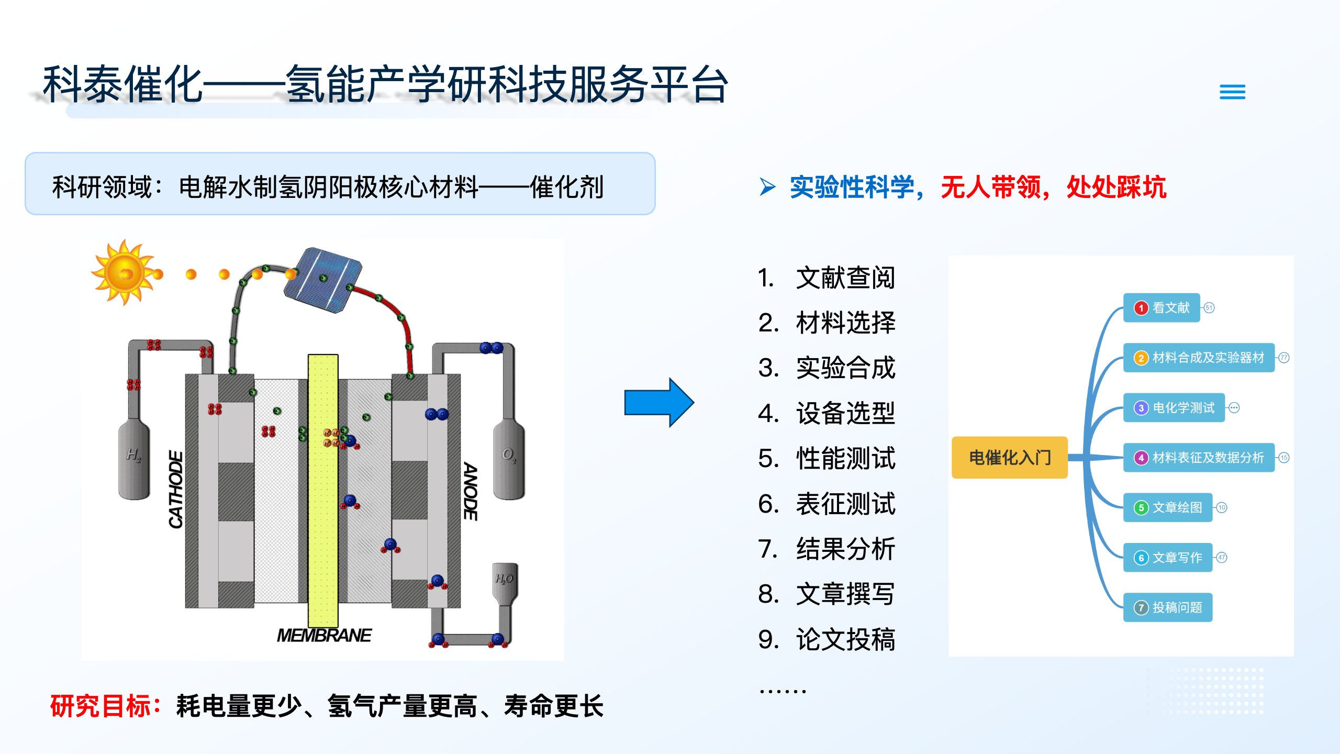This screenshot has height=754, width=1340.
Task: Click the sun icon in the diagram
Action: pos(124,273)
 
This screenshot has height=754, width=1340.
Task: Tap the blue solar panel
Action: pos(323,280)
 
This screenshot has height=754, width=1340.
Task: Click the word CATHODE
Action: pos(176,489)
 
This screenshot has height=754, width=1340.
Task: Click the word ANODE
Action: pos(470,491)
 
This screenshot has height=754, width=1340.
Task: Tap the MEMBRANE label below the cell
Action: pos(324,635)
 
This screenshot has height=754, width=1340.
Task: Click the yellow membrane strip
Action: pos(323,490)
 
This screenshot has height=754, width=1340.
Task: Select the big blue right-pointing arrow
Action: pos(659,403)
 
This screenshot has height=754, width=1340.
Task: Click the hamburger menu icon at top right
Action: pos(1232,92)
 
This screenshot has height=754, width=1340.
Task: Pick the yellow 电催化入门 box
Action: pos(1009,458)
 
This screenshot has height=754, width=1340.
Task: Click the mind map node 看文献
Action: pos(1162,308)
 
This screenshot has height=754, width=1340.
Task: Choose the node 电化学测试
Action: pos(1174,408)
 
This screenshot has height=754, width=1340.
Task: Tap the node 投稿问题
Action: pos(1168,607)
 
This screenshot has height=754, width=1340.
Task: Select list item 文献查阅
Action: pos(845,278)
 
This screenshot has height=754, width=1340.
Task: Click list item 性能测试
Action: pos(845,459)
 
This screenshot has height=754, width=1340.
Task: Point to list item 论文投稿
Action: pos(845,639)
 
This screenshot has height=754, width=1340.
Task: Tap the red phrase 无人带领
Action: pos(990,187)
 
